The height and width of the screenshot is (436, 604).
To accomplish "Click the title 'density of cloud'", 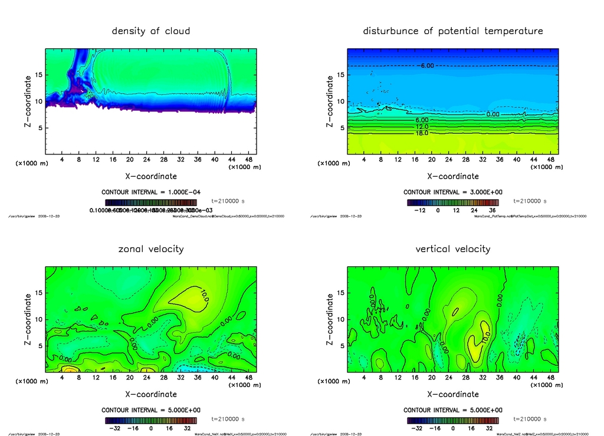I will pyautogui.click(x=151, y=31).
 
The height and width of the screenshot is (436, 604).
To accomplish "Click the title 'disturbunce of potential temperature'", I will pyautogui.click(x=453, y=31).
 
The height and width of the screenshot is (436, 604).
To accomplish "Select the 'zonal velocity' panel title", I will pyautogui.click(x=151, y=249).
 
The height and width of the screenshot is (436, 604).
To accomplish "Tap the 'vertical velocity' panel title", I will pyautogui.click(x=453, y=249).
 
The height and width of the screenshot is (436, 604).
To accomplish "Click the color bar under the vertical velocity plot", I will pyautogui.click(x=453, y=421).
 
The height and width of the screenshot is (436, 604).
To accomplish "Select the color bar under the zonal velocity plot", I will pyautogui.click(x=151, y=421).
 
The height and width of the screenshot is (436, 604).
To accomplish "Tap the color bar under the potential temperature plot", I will pyautogui.click(x=453, y=202).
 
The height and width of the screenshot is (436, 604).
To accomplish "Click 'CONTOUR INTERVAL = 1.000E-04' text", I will pyautogui.click(x=151, y=192).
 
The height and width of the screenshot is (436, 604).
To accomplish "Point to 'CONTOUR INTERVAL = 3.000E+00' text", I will pyautogui.click(x=453, y=192).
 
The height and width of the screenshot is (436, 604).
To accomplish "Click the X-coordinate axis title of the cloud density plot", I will pyautogui.click(x=151, y=176).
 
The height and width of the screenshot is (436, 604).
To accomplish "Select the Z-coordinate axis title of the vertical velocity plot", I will pyautogui.click(x=329, y=319).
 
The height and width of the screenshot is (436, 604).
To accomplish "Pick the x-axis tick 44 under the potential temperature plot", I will pyautogui.click(x=533, y=160).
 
